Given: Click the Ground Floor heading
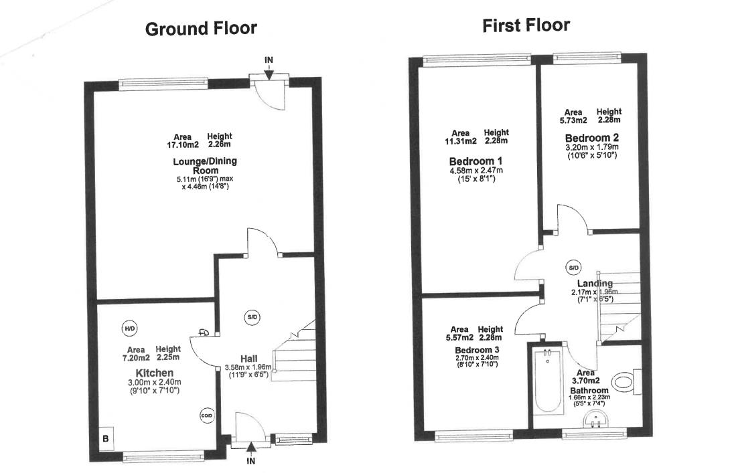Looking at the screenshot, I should click(201, 29).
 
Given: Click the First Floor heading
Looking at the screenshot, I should click(526, 26).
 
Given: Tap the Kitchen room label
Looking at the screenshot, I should click(155, 373).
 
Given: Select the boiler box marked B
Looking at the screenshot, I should click(105, 439).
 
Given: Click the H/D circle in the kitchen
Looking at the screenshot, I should click(129, 328).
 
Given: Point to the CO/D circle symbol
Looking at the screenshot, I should click(206, 416).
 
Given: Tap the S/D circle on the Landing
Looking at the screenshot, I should click(573, 268).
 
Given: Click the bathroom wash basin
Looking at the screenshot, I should click(595, 419).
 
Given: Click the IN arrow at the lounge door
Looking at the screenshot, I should click(268, 69).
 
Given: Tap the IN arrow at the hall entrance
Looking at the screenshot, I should click(251, 452).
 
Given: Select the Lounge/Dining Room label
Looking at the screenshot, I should click(205, 165).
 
